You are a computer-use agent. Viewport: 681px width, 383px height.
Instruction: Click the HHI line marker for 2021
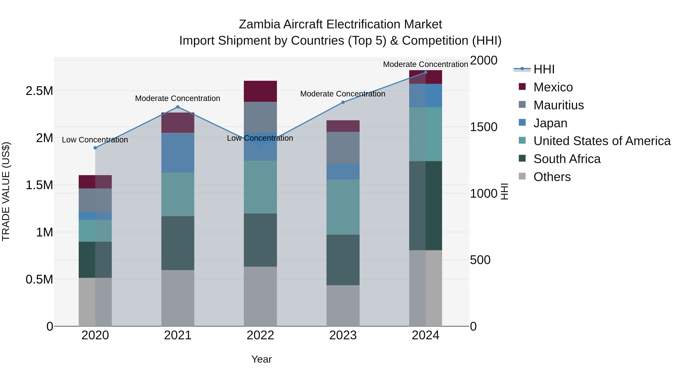tap(178, 107)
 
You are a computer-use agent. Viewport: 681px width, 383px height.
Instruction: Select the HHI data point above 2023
tap(343, 102)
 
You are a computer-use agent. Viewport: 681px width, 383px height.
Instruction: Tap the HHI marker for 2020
tap(95, 148)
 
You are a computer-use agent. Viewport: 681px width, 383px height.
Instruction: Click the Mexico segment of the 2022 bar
tap(260, 91)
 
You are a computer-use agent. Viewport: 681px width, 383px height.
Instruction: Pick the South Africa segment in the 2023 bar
tap(343, 260)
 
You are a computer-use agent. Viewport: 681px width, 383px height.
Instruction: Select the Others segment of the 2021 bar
tap(178, 298)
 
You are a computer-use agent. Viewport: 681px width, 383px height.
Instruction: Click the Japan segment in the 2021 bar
tap(178, 153)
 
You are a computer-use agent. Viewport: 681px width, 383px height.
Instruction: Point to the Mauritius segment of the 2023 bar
tap(343, 148)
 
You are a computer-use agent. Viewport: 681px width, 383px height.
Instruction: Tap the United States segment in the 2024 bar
tap(425, 134)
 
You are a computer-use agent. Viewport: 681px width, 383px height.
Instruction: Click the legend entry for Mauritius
tap(558, 105)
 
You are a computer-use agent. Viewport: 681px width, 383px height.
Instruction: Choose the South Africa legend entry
tap(567, 159)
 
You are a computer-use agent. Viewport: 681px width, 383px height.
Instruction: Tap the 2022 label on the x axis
tap(260, 335)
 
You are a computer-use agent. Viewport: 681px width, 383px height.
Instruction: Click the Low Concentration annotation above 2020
tap(95, 140)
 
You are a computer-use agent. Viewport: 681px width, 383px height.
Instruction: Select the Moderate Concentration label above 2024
tap(425, 64)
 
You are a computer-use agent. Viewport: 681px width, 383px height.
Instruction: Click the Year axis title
tap(261, 359)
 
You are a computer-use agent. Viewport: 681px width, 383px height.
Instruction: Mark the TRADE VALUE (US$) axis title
tap(6, 191)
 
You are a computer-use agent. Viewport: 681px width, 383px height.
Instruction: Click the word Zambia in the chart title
tap(259, 24)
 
